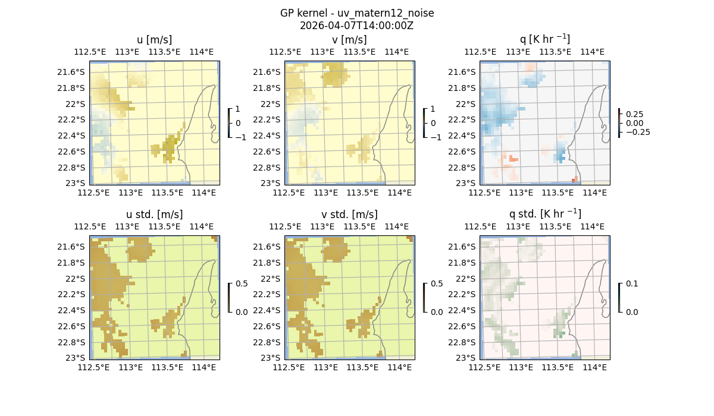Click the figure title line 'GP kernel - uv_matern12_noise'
[x=357, y=13]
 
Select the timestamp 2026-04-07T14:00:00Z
[x=357, y=26]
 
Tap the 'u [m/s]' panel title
[x=154, y=40]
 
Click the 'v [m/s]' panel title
[x=349, y=40]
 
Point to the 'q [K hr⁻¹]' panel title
[x=544, y=39]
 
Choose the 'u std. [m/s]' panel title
[x=154, y=215]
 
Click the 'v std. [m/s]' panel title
[x=349, y=215]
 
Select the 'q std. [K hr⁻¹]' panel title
[x=544, y=214]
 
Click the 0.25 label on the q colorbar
[x=634, y=114]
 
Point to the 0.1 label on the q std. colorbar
[x=631, y=284]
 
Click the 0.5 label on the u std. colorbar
[x=242, y=284]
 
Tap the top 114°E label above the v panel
[x=396, y=52]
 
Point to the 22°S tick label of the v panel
[x=274, y=104]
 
